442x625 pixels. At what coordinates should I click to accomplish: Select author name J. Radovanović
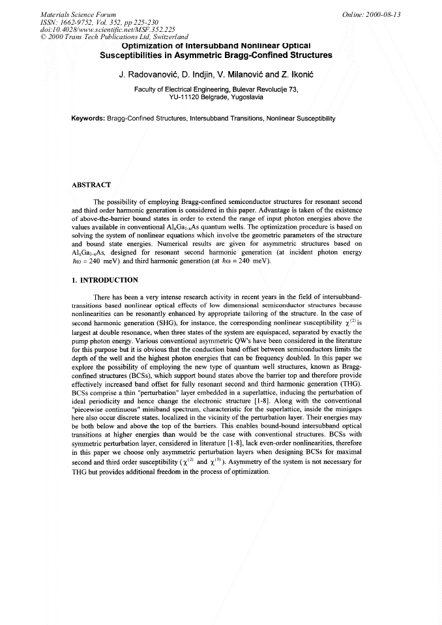click(149, 75)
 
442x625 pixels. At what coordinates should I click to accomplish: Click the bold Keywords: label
click(88, 119)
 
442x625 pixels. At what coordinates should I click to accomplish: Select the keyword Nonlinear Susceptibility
click(298, 119)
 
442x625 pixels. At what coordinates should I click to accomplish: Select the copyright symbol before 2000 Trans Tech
click(44, 37)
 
